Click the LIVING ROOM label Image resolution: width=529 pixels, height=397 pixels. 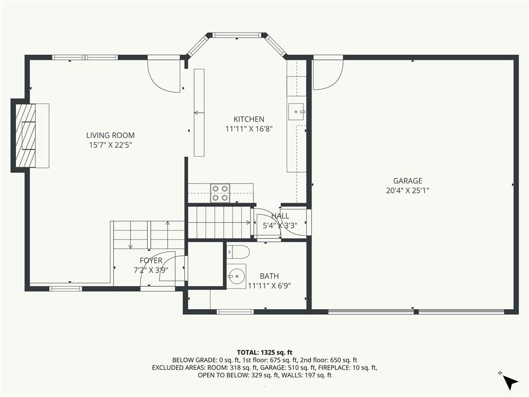[110, 135]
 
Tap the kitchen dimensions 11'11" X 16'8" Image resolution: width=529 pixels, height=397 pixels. [248, 129]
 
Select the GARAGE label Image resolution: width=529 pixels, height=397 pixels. [408, 181]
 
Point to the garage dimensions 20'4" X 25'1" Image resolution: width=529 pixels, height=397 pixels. [408, 190]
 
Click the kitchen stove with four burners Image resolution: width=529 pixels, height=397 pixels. [220, 193]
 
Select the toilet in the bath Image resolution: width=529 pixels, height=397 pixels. [238, 252]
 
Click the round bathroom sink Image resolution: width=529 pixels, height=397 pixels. [237, 276]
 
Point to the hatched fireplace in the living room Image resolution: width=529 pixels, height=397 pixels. [25, 135]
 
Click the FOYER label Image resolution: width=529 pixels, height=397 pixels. [151, 261]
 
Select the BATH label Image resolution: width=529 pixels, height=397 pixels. [269, 277]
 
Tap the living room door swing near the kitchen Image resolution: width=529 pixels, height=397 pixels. [164, 75]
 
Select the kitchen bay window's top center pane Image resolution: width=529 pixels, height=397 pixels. [237, 36]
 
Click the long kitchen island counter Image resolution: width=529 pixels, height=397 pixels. [199, 112]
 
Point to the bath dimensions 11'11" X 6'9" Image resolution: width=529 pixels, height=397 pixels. [269, 285]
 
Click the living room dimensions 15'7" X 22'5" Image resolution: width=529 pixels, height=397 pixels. [110, 145]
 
